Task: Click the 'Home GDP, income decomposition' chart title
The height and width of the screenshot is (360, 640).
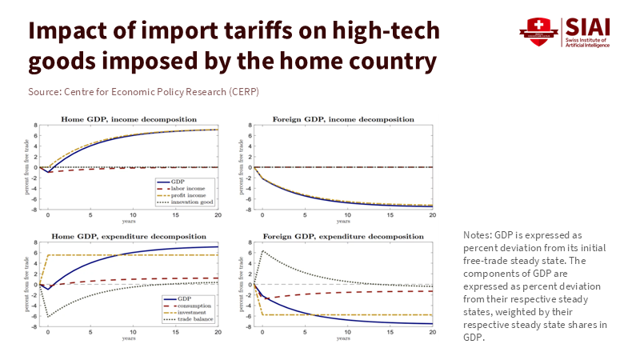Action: (x=130, y=119)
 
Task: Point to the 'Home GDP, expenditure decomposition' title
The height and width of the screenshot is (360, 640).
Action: (x=130, y=237)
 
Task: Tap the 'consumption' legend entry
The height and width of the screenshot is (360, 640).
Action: (x=190, y=306)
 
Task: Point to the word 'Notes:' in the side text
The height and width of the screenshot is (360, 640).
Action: (x=477, y=234)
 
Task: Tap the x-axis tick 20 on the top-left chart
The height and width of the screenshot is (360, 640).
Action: (x=216, y=215)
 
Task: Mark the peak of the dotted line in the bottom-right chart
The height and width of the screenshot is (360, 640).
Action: (x=262, y=250)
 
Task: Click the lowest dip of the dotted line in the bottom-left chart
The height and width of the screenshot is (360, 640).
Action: (x=48, y=317)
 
